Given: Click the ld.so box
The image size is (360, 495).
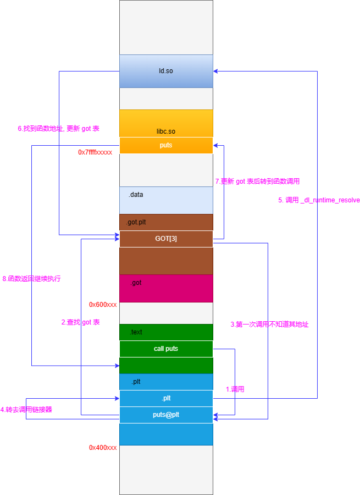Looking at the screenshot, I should coord(166,71).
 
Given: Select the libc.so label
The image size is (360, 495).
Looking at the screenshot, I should coord(166,131).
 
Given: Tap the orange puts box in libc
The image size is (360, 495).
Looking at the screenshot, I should coord(166,145).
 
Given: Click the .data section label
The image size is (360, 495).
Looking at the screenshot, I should coord(136,195).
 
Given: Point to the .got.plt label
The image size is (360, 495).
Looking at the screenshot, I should coord(136,222).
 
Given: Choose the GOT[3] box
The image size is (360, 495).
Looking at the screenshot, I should coord(166,239).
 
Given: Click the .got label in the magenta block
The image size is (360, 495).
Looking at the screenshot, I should coord(136,283).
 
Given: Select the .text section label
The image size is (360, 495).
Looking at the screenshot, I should coord(136,332).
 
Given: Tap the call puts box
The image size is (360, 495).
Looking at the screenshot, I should coord(166,349).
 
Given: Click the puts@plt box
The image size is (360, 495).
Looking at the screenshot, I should coord(166,415).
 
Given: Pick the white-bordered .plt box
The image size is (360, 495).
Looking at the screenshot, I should coord(166,398).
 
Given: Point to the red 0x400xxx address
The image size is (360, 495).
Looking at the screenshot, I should coord(103,448).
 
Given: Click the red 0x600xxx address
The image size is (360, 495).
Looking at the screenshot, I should coord(103,304).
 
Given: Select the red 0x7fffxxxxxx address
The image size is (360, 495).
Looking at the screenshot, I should coord(95,152).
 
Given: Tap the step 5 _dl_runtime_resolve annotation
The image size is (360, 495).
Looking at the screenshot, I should coord(319,200).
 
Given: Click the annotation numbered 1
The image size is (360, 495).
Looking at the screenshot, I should coord(235,389).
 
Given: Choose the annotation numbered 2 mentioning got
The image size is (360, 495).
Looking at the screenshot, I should coord(80,322).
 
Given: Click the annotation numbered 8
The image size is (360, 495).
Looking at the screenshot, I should coord(31,279).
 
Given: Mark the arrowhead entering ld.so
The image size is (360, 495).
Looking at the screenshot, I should coord(215,71).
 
